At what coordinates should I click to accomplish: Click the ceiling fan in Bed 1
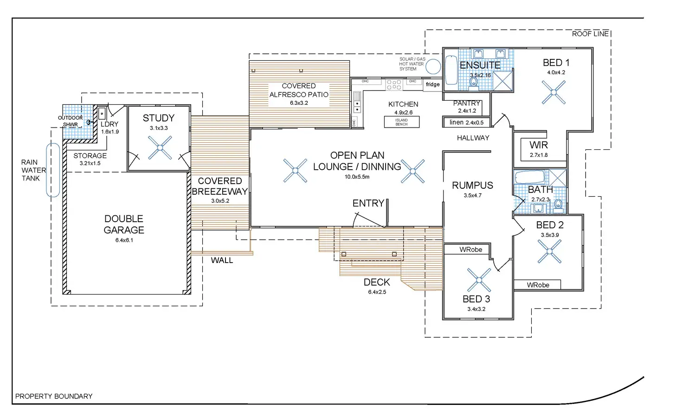tap(554, 92)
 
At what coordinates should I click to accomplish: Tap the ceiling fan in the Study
tap(160, 148)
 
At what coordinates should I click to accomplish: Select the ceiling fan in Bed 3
tap(479, 280)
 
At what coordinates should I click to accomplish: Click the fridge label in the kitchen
tap(432, 84)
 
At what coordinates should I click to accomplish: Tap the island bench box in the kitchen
tap(401, 122)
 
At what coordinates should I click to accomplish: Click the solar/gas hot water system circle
tap(433, 66)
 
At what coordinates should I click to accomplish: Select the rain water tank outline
tap(53, 170)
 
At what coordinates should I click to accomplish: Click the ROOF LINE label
tap(590, 34)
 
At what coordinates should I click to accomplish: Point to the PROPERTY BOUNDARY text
tap(54, 396)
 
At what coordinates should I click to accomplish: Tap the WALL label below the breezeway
tap(222, 261)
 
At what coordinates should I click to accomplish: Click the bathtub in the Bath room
tap(529, 177)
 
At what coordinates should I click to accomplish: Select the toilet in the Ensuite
tap(474, 82)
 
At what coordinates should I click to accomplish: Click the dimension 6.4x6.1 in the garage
tap(124, 240)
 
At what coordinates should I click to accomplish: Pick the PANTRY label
tap(466, 103)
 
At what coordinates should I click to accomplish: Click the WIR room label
tap(539, 145)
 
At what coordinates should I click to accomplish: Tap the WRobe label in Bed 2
tap(538, 285)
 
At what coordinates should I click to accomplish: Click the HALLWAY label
tap(473, 138)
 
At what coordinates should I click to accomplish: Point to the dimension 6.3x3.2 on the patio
tap(299, 103)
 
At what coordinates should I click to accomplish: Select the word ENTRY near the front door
tap(368, 203)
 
